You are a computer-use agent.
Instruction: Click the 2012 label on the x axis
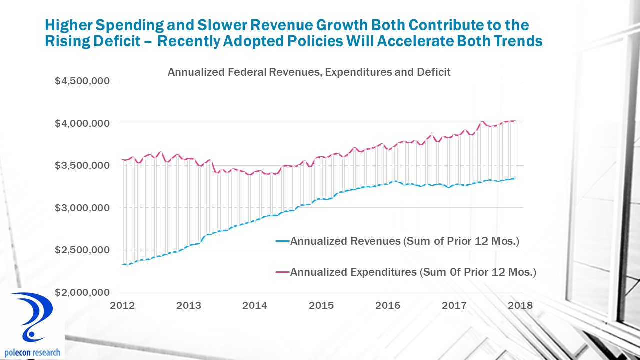[122, 305]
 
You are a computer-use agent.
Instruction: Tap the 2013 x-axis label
[189, 305]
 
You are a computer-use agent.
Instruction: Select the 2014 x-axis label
[256, 305]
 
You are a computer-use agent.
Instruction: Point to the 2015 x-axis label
[322, 305]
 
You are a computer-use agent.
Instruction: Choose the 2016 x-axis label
[389, 305]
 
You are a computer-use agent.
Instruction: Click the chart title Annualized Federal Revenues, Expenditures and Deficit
[309, 72]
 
